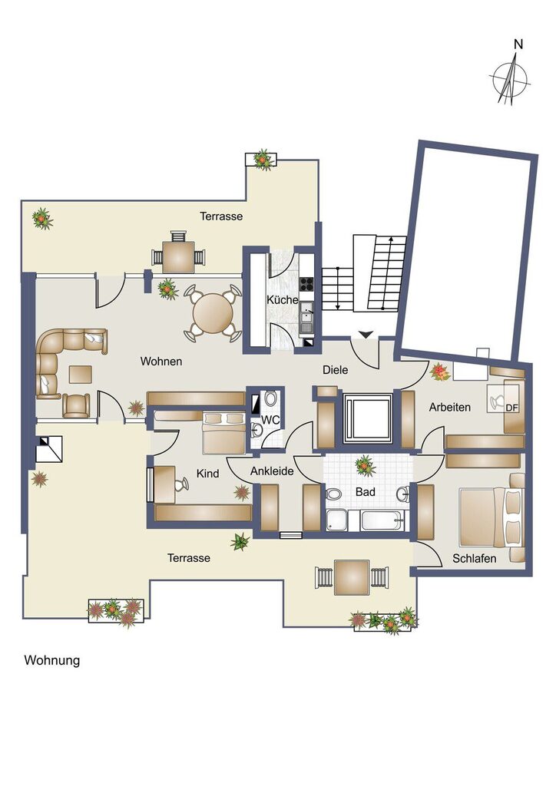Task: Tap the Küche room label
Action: pos(282,300)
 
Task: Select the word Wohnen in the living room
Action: pos(161,361)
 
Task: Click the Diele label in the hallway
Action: pos(335,370)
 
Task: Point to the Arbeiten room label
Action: pos(450,407)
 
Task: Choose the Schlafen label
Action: pos(474,558)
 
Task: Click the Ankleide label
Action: pos(272,471)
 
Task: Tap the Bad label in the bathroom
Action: pos(364,490)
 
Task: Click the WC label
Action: pos(270,421)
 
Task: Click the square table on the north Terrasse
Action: pos(178,256)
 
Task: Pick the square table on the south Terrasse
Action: pos(352,576)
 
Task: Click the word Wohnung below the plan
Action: pos(52,660)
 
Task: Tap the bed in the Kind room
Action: pos(223,433)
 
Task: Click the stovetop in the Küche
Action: pos(306,282)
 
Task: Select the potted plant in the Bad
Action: pos(365,465)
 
